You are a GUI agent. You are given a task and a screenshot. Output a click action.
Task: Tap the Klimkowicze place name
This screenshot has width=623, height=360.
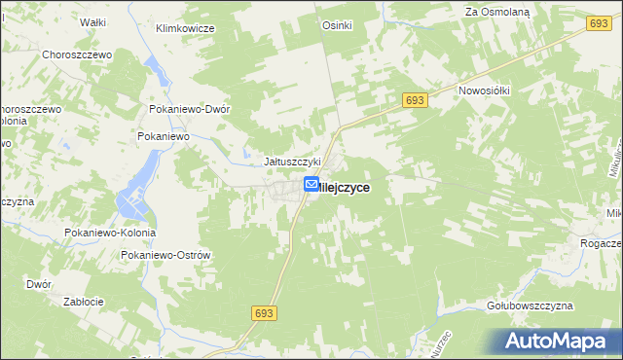point(185,28)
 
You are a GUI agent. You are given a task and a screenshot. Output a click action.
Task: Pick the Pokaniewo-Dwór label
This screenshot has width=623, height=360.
point(189,110)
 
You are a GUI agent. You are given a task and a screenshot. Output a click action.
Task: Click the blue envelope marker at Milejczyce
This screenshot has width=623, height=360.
point(311,184)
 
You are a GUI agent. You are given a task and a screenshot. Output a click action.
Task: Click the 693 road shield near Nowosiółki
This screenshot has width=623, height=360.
point(414,100)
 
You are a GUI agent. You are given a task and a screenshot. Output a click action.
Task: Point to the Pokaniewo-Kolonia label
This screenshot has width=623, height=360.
point(110,234)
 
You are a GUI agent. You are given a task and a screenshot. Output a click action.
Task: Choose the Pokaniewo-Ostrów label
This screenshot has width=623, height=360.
point(165,255)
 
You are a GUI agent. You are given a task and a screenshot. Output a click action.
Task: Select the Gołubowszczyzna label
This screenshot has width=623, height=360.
point(530,306)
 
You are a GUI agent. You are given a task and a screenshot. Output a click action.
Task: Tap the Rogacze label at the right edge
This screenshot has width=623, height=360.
point(603,243)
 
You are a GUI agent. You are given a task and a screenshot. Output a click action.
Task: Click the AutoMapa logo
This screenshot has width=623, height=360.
point(561,341)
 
